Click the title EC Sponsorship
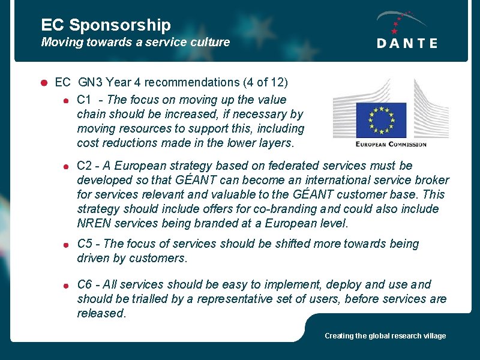pos(106,25)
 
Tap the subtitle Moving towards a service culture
pos(135,42)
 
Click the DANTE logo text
pos(407,43)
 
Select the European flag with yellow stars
pos(381,120)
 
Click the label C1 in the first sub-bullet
pos(84,100)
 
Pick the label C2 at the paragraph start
pos(85,166)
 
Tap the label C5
pos(85,244)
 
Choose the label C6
pos(85,284)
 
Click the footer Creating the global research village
pos(385,336)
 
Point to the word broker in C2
pos(431,180)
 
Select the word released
pos(101,313)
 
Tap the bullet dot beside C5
pos(69,244)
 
